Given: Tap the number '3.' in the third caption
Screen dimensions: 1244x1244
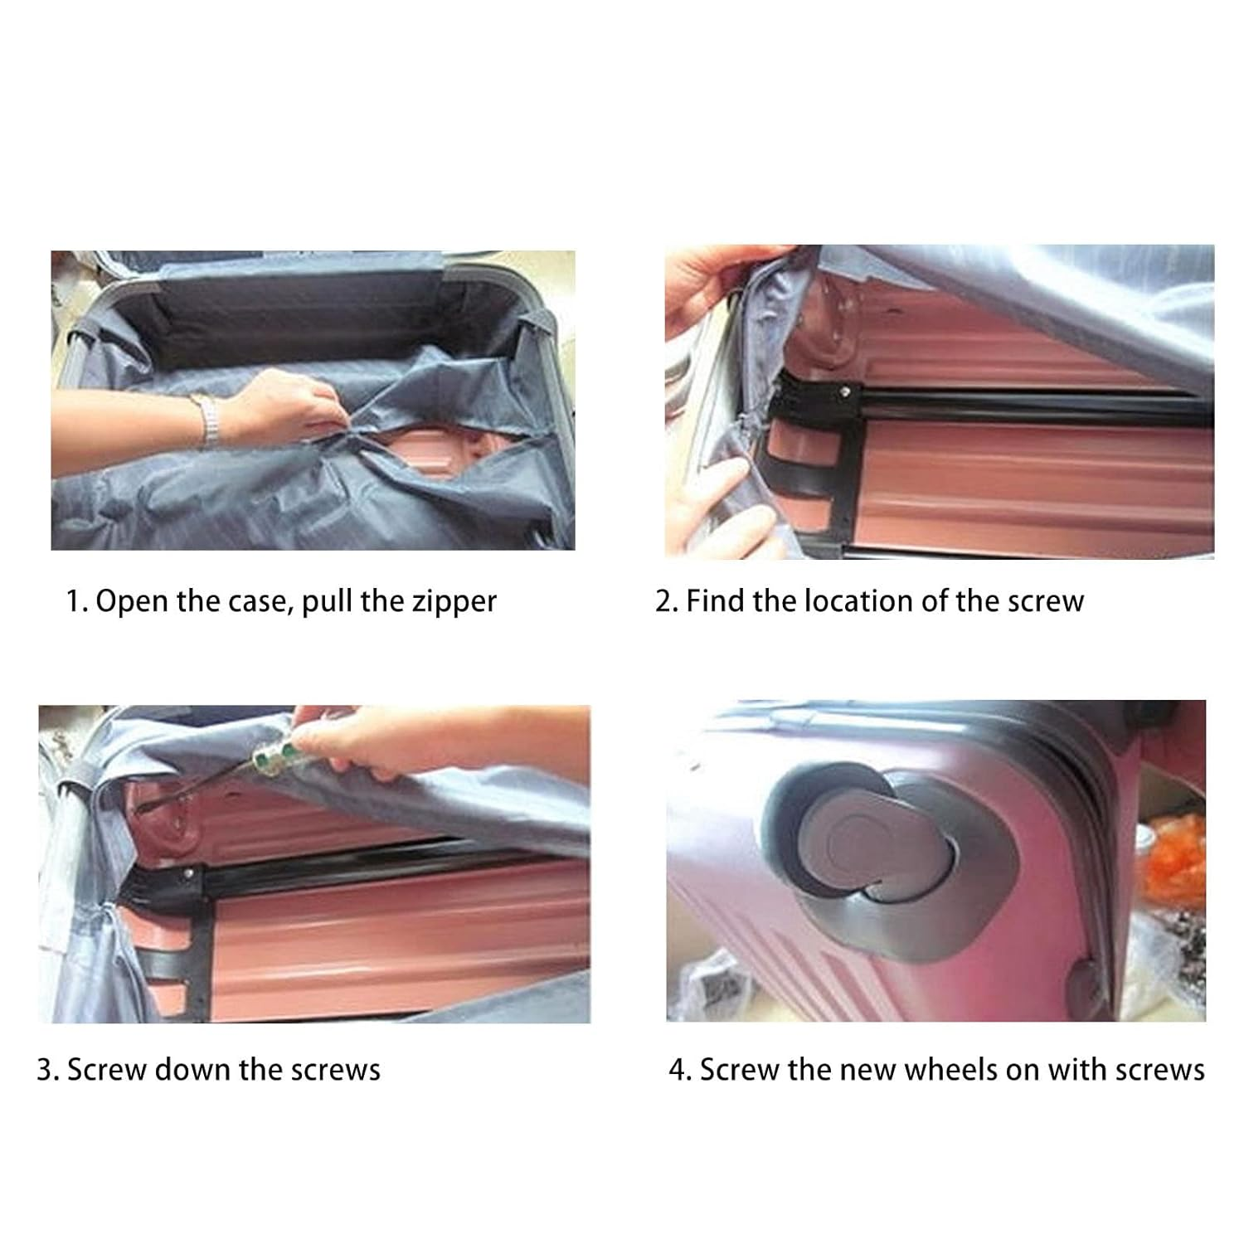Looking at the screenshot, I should tap(47, 1070).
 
